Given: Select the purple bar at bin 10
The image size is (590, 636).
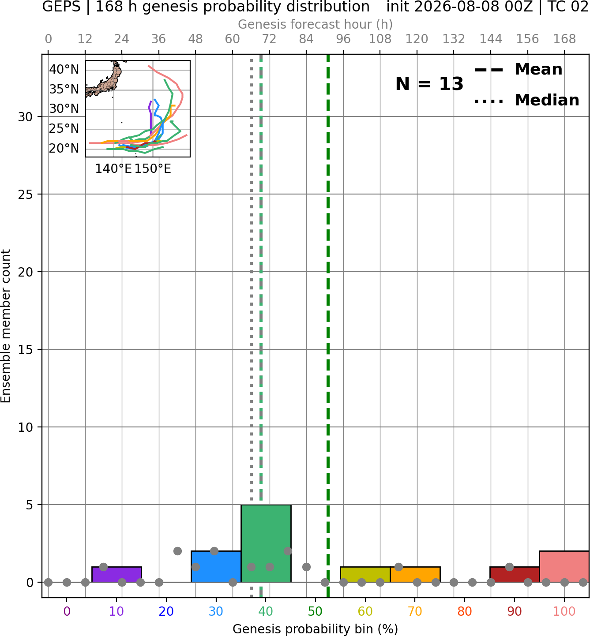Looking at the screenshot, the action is coord(116,575).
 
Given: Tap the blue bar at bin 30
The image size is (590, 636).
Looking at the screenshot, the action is coord(216,566).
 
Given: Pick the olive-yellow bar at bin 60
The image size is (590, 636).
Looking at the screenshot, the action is coord(365,575).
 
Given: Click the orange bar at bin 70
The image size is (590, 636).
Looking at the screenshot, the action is coord(415,575).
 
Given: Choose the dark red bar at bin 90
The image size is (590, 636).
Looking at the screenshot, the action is coord(515,575).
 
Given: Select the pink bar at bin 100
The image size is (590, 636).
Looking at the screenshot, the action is coord(564,566).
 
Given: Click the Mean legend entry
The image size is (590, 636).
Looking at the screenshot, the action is coord(518,70).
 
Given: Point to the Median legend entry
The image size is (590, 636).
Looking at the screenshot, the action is coord(526,101).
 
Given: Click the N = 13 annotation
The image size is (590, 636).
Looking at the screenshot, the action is coord(429,84).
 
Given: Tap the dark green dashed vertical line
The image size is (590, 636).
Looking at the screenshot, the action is coord(328,326).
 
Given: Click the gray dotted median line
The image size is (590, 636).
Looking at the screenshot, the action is coord(251,326).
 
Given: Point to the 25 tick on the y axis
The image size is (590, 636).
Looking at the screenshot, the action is coord(25,195).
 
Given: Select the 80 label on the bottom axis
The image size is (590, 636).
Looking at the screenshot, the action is coord(465,612).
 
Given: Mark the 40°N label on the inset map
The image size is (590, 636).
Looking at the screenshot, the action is coord(64,69).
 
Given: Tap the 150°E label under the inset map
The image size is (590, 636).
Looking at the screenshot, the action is coord(153,169).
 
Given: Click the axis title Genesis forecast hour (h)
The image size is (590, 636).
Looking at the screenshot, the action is coord(316,24).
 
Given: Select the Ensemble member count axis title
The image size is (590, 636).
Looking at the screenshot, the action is coord(5,326).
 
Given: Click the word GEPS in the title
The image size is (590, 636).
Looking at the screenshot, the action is coord(61,7).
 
